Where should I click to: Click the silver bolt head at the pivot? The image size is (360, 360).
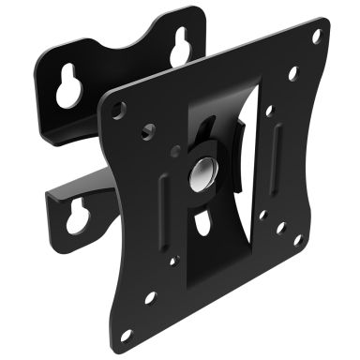coord(202,172)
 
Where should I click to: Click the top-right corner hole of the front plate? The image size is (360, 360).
coord(316,37)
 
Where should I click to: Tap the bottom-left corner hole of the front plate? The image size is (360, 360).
coord(149,297)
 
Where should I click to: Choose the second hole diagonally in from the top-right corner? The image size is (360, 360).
coord(292,72)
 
